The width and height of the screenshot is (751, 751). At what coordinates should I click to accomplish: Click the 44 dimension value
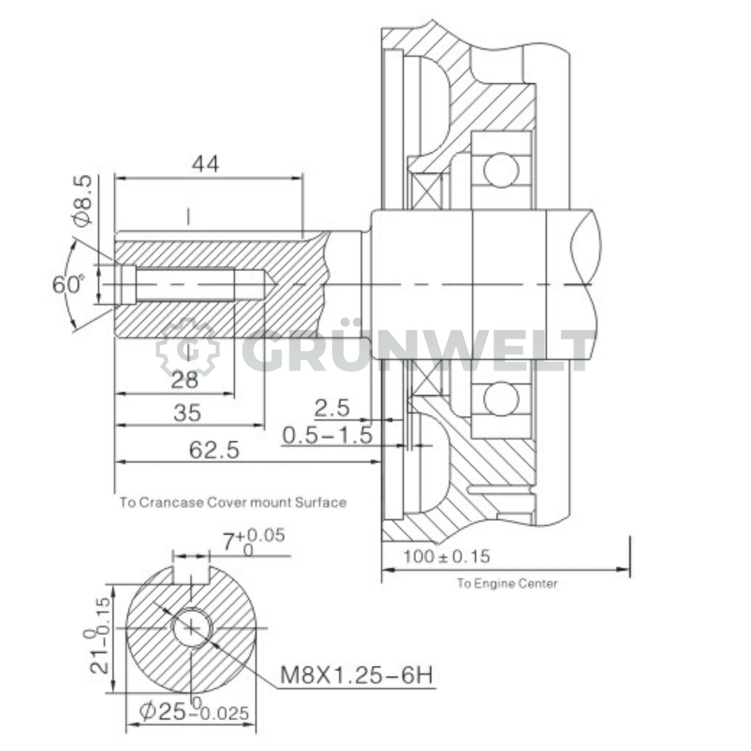pyautogui.click(x=206, y=164)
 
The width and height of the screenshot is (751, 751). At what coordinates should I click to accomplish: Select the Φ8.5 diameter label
pyautogui.click(x=83, y=200)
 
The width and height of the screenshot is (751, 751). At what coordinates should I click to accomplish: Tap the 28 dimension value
pyautogui.click(x=185, y=380)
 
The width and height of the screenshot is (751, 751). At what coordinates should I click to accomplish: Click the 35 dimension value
pyautogui.click(x=187, y=413)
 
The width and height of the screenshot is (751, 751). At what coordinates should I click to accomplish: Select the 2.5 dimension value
pyautogui.click(x=333, y=409)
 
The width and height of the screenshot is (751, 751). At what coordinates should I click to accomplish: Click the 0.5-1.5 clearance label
pyautogui.click(x=327, y=435)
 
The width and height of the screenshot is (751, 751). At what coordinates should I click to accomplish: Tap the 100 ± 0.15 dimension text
pyautogui.click(x=446, y=557)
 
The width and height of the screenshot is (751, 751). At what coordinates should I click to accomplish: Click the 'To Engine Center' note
pyautogui.click(x=507, y=584)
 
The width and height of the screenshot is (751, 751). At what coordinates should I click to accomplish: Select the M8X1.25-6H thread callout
pyautogui.click(x=356, y=676)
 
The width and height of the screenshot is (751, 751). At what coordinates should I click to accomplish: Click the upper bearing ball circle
pyautogui.click(x=501, y=169)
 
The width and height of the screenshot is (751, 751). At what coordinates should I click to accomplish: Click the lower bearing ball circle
pyautogui.click(x=501, y=399)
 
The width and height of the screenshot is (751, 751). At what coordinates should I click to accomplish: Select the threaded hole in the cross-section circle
pyautogui.click(x=192, y=628)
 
